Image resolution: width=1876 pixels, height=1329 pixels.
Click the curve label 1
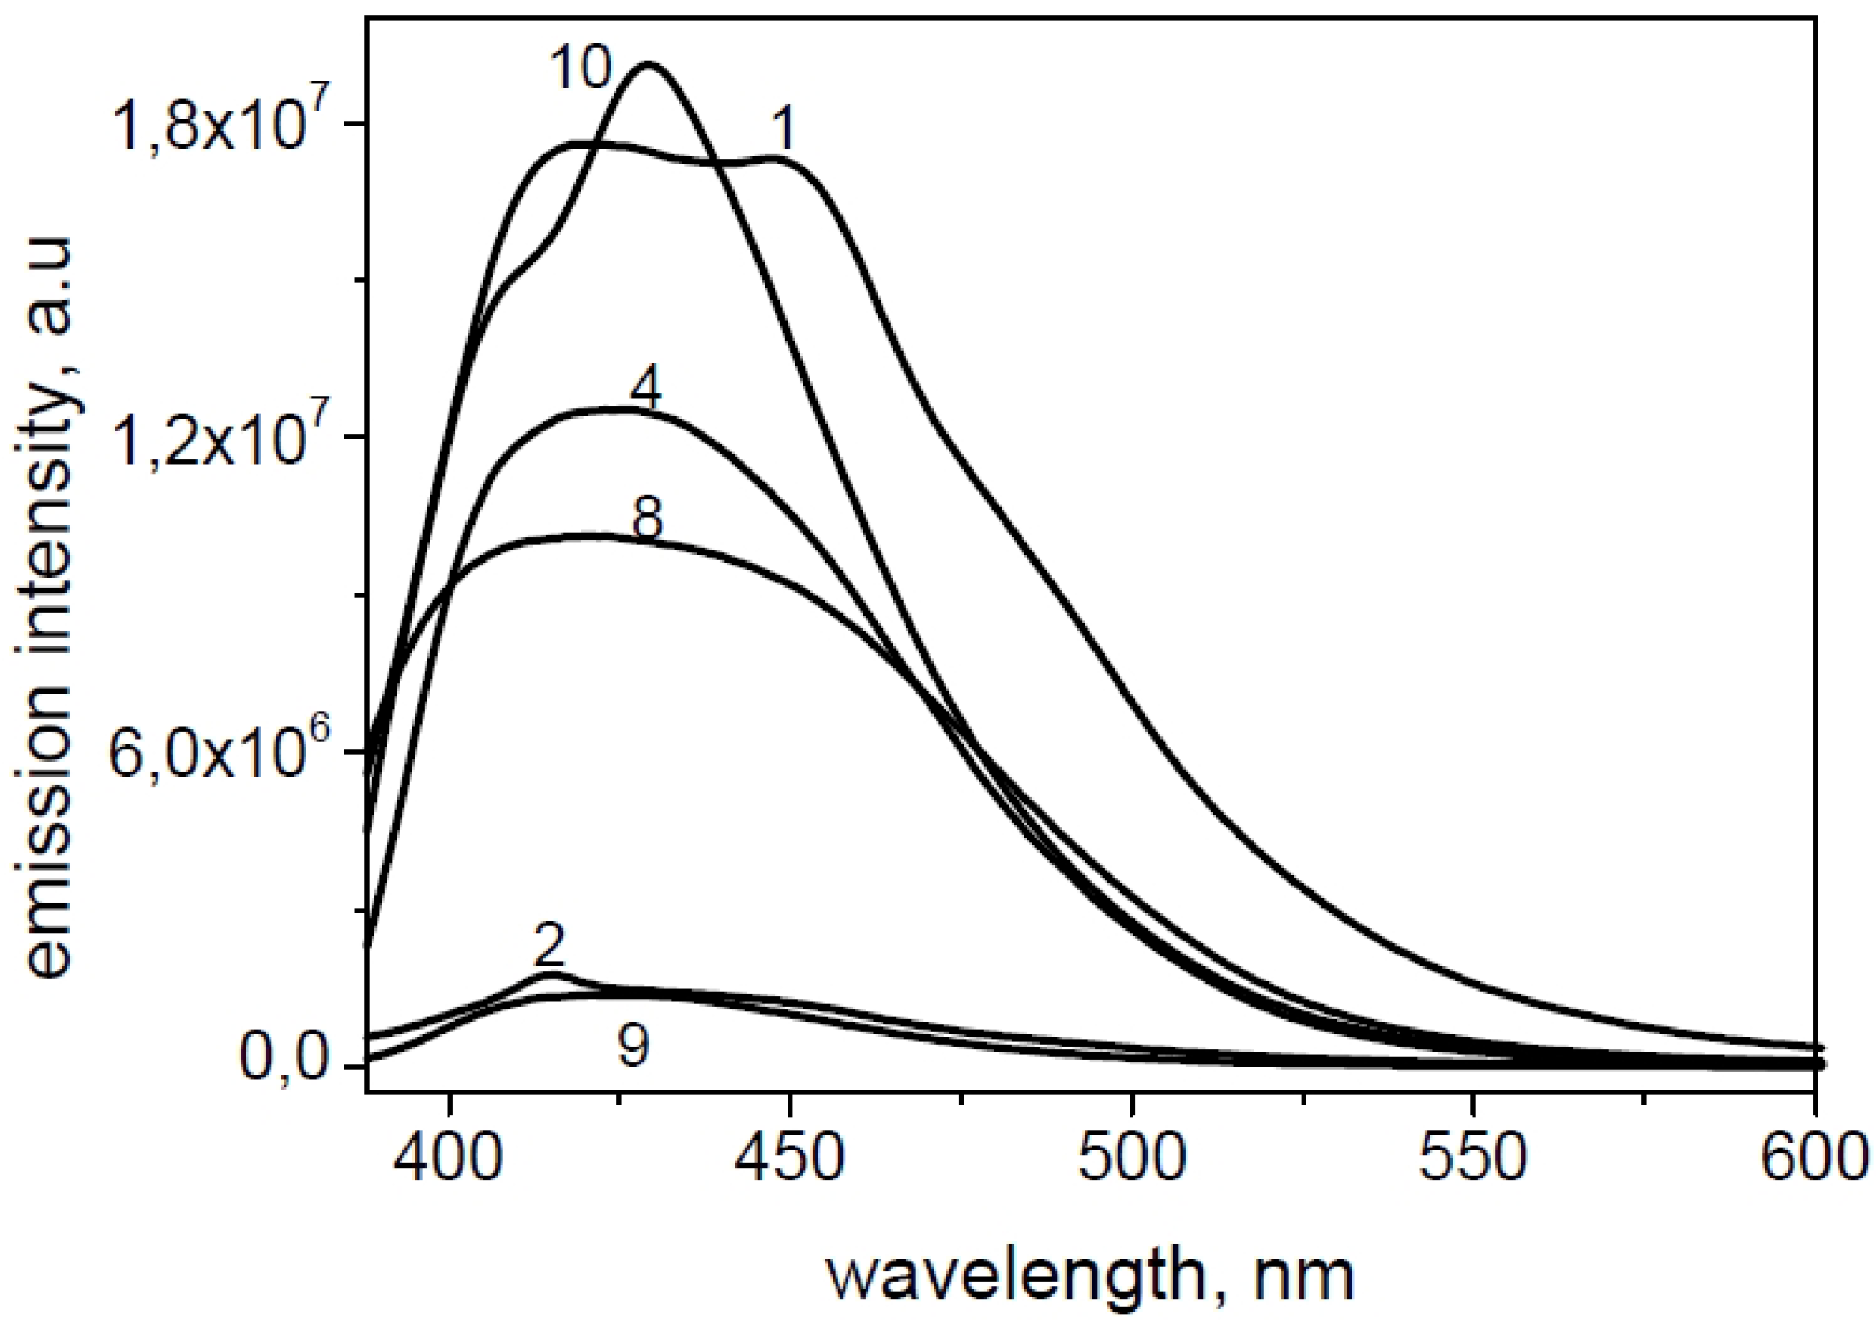point(783,130)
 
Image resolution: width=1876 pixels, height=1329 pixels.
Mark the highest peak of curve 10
point(649,64)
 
